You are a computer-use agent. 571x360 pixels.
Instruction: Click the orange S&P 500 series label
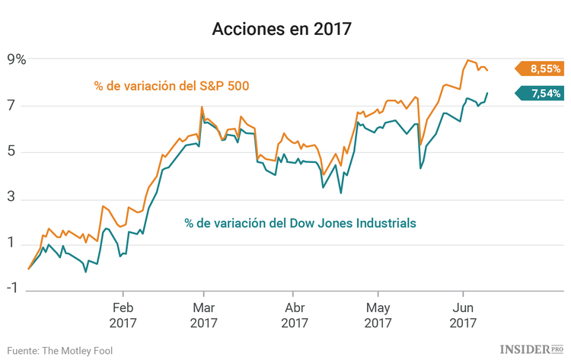(172, 85)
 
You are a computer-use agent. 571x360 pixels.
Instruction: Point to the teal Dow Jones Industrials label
(300, 223)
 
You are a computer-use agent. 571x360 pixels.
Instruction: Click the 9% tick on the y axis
(17, 60)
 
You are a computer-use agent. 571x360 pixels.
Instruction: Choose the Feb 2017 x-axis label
(123, 315)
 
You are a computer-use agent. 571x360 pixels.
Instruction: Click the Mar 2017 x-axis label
(203, 315)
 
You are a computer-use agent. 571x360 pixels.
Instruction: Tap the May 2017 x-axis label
(378, 315)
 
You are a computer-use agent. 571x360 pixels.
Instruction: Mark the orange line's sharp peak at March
(202, 107)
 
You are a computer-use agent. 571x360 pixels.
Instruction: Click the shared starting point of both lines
(29, 269)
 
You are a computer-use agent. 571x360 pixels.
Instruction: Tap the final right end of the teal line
(487, 93)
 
